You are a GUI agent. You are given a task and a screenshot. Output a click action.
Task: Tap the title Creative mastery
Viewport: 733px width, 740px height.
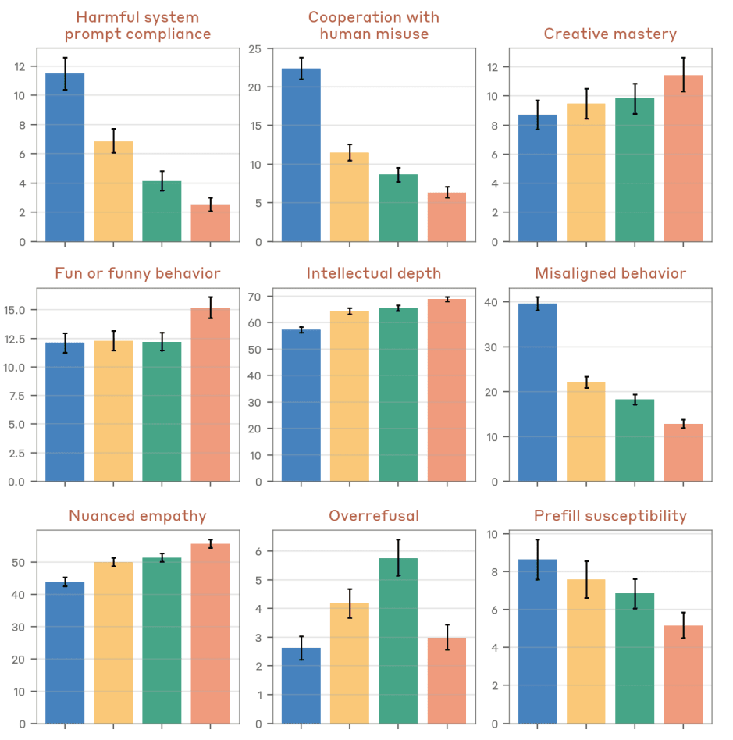[x=610, y=34]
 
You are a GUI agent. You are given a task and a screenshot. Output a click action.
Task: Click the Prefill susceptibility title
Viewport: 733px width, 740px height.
[x=610, y=516]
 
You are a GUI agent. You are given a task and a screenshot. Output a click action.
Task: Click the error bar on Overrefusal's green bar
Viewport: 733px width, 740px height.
[x=398, y=558]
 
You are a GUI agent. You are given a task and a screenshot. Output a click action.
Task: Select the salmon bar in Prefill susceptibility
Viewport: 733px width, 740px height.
[x=683, y=674]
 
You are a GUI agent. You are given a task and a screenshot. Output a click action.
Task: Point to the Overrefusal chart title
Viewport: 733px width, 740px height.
[x=373, y=516]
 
